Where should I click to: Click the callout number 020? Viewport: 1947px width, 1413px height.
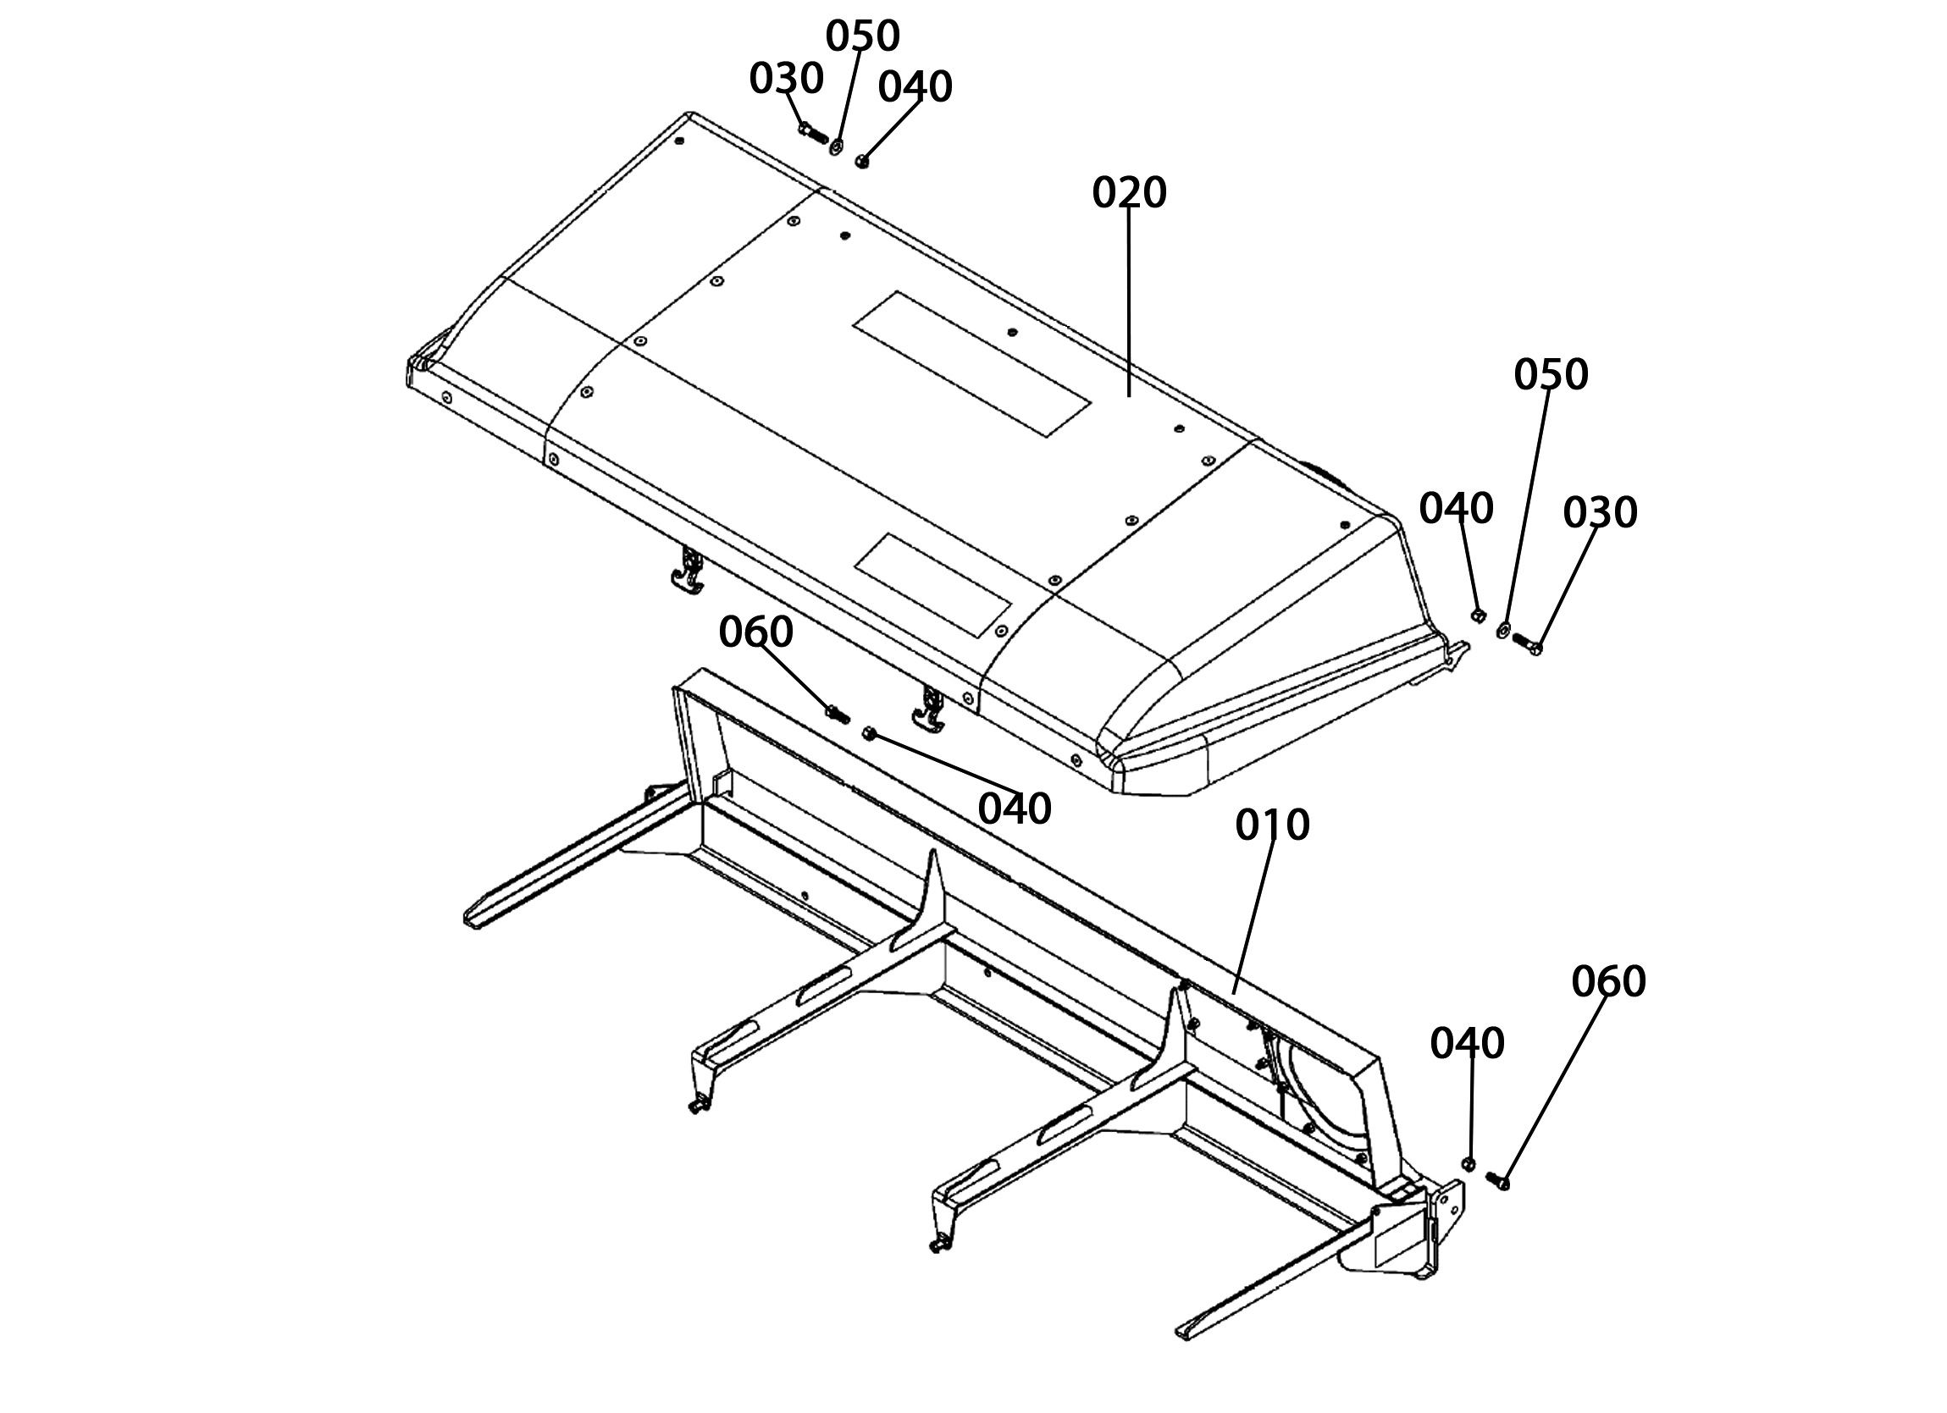coord(1129,193)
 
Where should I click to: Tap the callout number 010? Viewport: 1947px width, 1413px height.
coord(1272,825)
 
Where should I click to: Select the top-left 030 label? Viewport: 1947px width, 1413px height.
coord(787,79)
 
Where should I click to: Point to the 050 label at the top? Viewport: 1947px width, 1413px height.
coord(863,36)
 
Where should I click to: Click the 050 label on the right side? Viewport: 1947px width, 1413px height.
coord(1552,374)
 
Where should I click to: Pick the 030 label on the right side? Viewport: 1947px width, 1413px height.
coord(1600,512)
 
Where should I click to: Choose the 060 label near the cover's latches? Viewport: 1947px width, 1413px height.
coord(755,632)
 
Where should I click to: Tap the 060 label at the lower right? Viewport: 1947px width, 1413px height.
coord(1609,981)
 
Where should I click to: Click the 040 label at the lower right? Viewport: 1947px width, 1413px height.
coord(1467,1044)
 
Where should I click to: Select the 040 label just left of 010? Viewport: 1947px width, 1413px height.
coord(1015,809)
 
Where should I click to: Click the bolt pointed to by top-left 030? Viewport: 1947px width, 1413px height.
coord(812,132)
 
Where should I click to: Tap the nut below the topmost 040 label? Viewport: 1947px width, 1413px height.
coord(863,161)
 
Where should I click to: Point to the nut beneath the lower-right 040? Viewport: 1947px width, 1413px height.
coord(1468,1163)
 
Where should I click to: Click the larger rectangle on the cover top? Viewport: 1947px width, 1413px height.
coord(971,364)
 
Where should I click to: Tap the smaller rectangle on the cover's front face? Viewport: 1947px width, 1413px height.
coord(932,585)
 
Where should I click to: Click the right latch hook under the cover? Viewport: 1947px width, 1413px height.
coord(929,709)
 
